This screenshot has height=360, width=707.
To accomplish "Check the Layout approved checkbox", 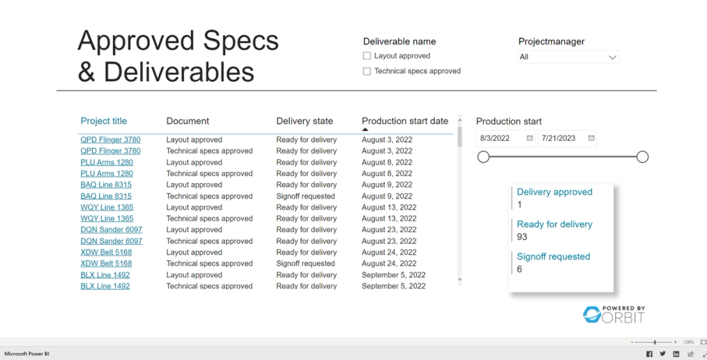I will (367, 56).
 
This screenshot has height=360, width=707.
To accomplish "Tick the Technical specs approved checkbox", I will (367, 71).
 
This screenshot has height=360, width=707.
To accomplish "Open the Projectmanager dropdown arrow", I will (612, 57).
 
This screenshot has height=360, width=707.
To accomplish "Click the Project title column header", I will (104, 121).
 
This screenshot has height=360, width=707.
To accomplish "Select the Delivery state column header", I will (304, 121).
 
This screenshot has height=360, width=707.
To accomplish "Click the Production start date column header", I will (404, 121).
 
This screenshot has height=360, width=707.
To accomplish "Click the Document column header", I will (187, 121).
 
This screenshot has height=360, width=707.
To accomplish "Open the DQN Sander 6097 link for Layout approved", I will (111, 230).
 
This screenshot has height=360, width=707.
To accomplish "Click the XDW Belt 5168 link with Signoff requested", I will (106, 264).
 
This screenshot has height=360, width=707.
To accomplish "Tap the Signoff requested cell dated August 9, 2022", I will (305, 196).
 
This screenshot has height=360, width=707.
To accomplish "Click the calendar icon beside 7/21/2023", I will (591, 139).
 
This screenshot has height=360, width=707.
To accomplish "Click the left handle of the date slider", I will (484, 157).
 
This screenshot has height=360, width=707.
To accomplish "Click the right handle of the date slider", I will (642, 157).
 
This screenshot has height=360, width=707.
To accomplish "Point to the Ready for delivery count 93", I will (522, 237).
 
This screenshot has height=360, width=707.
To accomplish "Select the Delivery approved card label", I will (554, 192).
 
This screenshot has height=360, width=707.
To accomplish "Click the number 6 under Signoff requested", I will (520, 269).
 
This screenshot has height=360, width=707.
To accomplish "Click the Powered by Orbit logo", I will (614, 315).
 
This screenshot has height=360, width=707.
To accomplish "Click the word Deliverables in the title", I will (180, 72).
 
